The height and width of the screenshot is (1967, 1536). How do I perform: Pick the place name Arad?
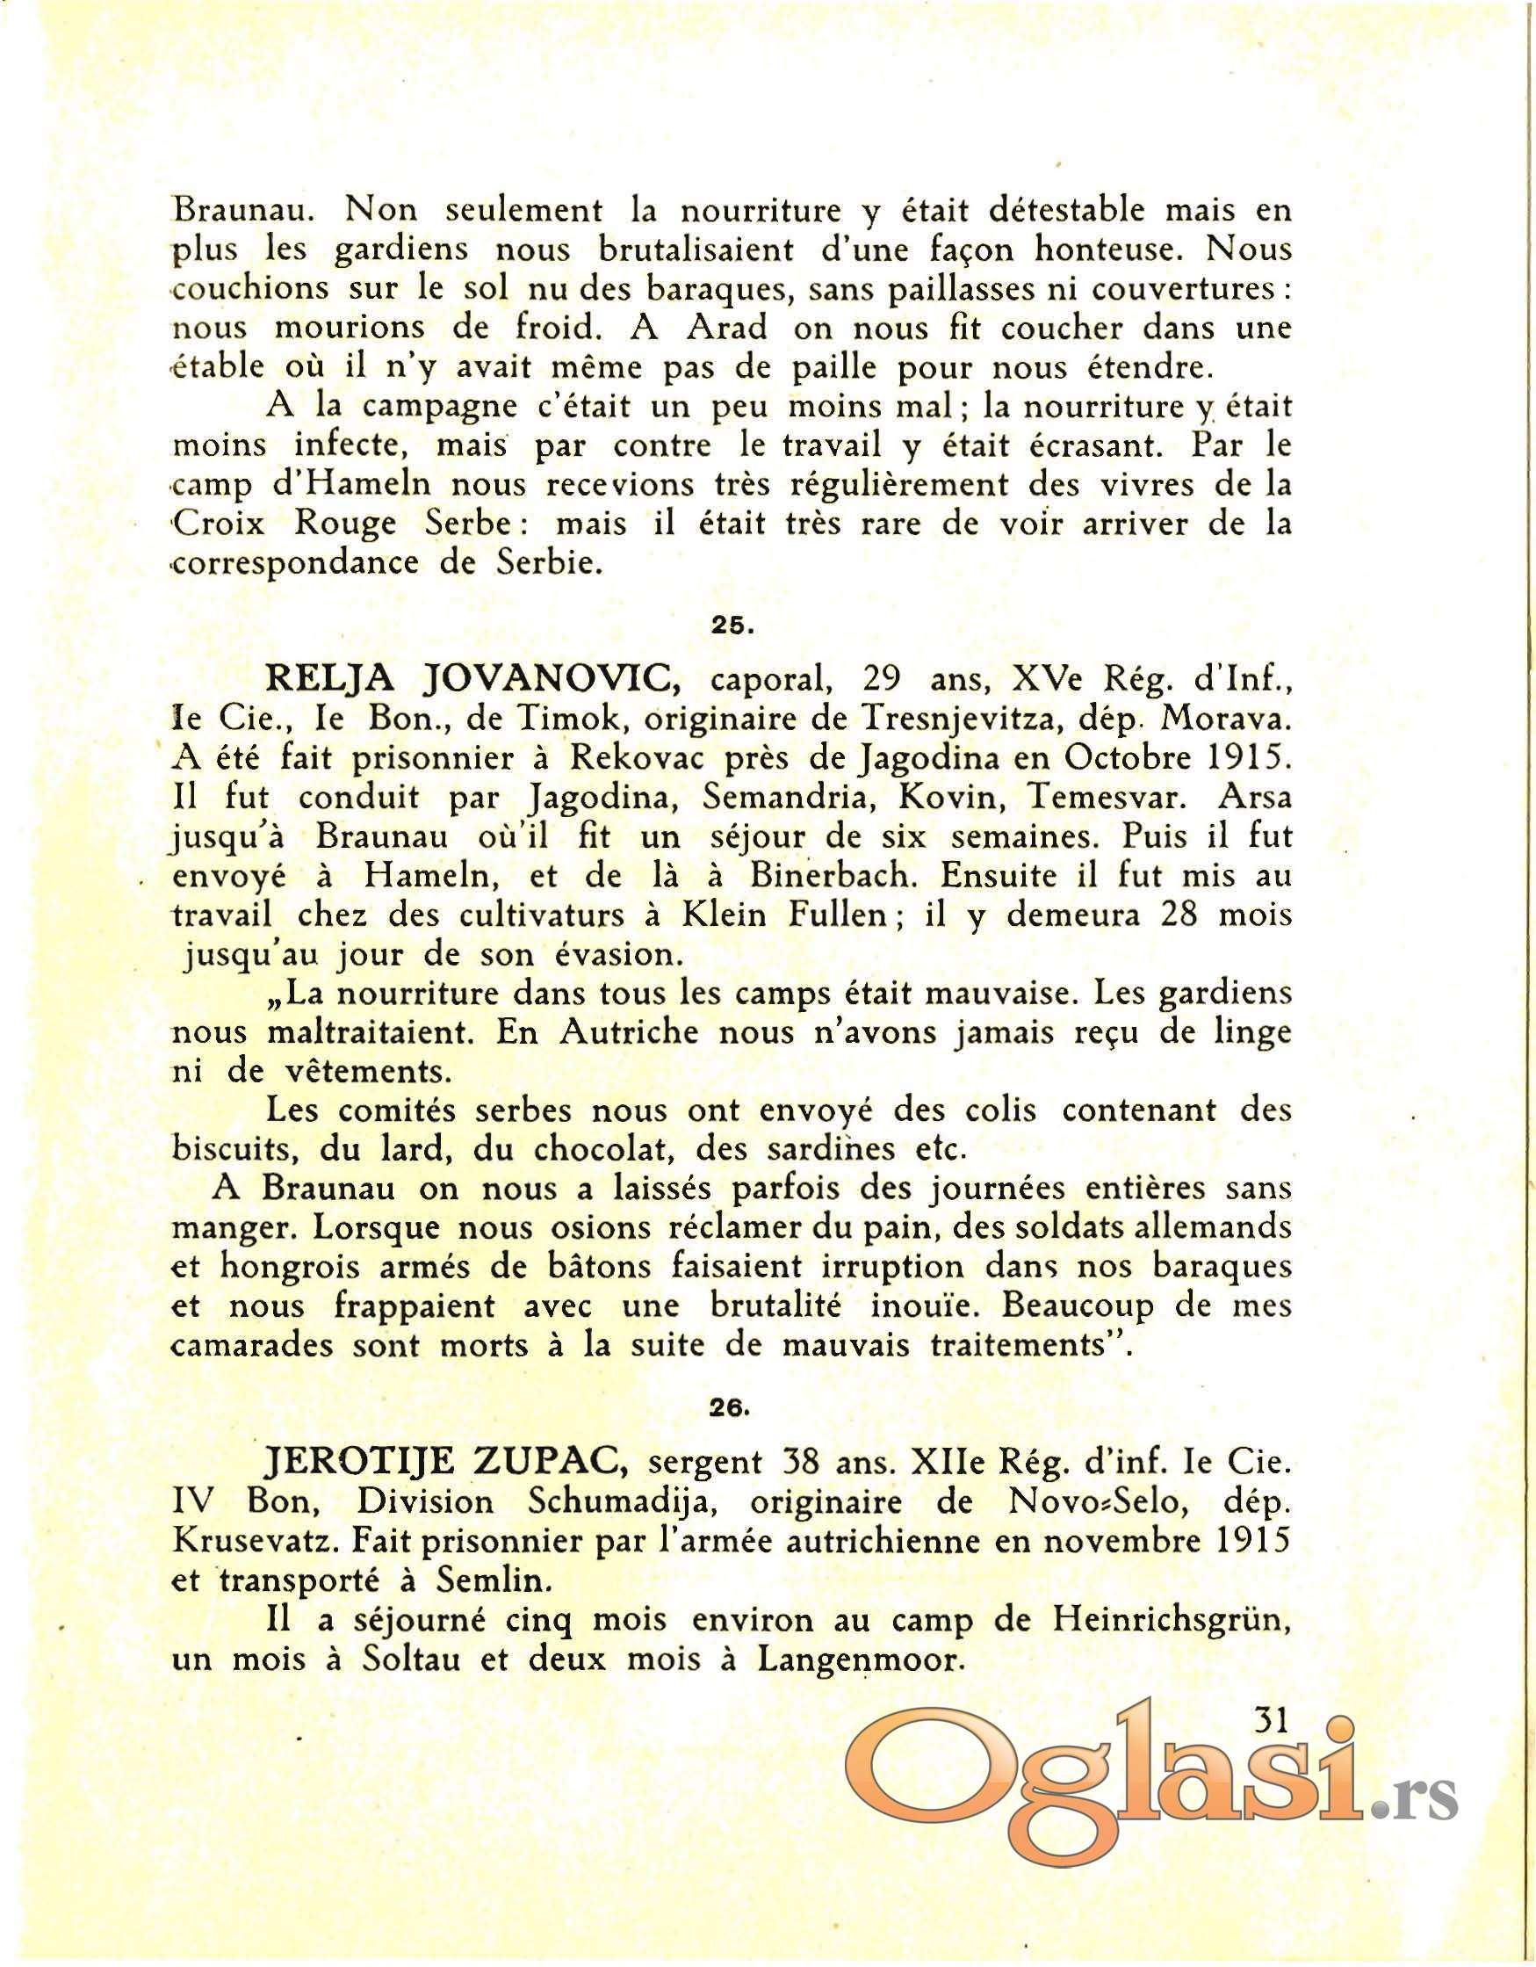tap(726, 329)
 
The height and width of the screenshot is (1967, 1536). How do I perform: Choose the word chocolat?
tap(599, 1150)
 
